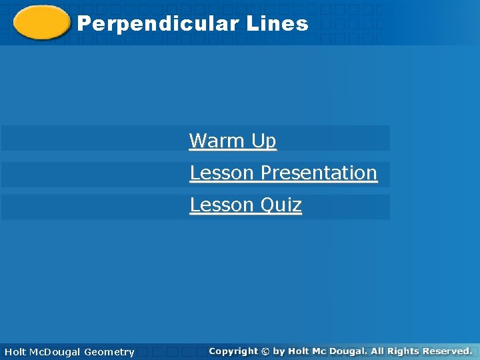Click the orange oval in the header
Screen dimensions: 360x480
click(x=41, y=23)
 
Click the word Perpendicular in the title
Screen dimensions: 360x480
click(x=158, y=24)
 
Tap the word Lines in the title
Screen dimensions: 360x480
click(x=277, y=24)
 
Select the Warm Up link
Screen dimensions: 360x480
click(x=232, y=141)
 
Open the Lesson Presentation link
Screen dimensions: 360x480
click(x=283, y=173)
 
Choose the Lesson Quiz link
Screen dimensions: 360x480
click(x=245, y=205)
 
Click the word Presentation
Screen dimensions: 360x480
click(x=319, y=173)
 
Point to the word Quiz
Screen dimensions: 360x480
click(x=281, y=205)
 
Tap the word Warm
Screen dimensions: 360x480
click(x=217, y=141)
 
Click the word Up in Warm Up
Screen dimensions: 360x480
click(x=263, y=141)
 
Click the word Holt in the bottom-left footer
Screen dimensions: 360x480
click(x=15, y=351)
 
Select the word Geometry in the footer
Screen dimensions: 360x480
click(x=109, y=351)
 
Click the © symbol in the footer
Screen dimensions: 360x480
click(x=265, y=351)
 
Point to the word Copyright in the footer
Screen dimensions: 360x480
click(x=233, y=351)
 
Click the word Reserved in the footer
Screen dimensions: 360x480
click(x=447, y=351)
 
